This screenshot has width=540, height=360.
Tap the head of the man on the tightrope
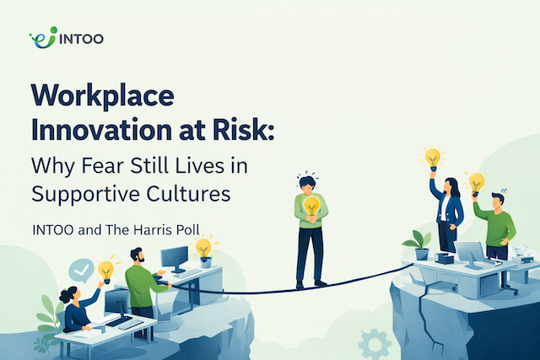tap(309, 183)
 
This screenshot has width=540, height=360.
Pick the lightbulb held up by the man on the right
tap(477, 181)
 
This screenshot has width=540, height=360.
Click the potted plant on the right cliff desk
tap(418, 244)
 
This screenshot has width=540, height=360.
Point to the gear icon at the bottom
tap(374, 343)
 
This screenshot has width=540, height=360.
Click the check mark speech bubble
tap(81, 270)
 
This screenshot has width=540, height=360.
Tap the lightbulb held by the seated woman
tap(106, 270)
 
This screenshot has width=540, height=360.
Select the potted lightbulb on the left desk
tap(202, 250)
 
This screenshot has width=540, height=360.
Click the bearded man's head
tap(138, 255)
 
